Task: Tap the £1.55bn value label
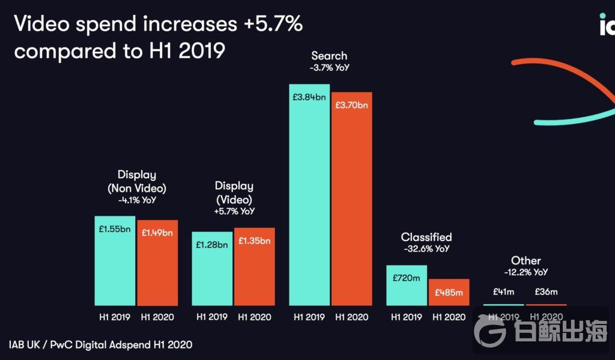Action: coord(115,229)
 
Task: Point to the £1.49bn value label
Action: coord(157,233)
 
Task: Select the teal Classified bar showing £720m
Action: coord(406,285)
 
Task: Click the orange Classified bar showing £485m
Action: coord(449,293)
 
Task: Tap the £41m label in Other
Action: coord(503,292)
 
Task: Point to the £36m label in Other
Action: coord(546,292)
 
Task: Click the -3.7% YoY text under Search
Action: coord(330,68)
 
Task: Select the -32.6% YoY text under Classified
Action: coord(426,248)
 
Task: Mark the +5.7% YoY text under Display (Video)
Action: coord(234,211)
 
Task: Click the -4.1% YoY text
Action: coord(137,200)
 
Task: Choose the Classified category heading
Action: coord(426,237)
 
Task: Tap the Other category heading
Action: coord(526,261)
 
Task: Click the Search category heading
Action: coord(330,56)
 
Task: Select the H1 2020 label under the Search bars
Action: coord(352,317)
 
